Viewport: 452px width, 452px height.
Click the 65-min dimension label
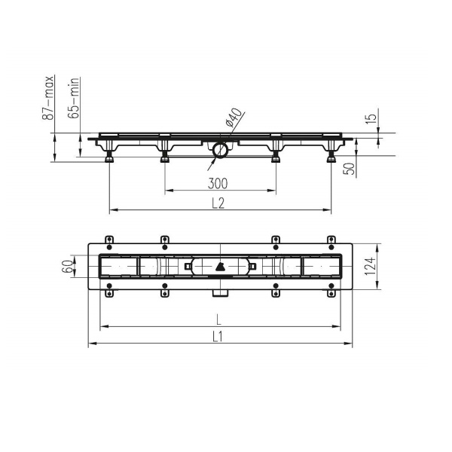tap(73, 98)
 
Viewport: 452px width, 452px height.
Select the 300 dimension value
tap(218, 183)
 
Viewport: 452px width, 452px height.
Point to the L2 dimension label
tap(218, 203)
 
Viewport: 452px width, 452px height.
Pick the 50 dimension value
tap(349, 169)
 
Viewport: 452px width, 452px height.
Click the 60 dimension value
tap(67, 267)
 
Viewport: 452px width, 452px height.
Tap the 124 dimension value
tap(371, 266)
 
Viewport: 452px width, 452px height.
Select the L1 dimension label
tap(218, 337)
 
